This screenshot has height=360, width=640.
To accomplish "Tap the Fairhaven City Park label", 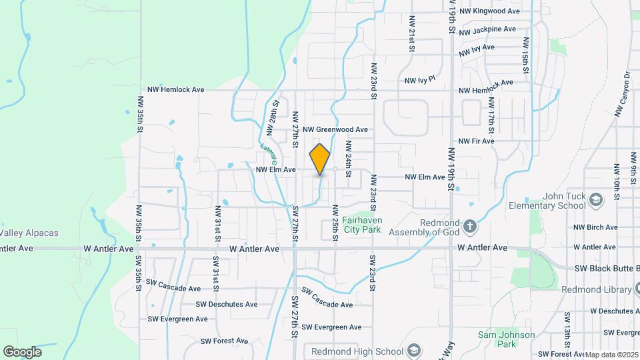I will point(361,225).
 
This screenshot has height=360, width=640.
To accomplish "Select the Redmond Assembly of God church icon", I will point(470,226).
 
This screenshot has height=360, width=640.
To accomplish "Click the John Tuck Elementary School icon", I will point(596,199).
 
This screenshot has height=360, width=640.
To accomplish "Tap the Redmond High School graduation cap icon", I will point(414,351).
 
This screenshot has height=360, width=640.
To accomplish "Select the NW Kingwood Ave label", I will point(489,11).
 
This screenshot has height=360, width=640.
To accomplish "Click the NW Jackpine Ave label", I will point(487,30).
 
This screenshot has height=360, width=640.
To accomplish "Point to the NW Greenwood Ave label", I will point(335,129).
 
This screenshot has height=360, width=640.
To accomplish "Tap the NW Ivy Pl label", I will point(420,79).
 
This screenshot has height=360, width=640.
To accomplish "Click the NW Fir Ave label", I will point(476,141).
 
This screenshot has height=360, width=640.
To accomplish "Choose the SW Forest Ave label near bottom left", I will point(225,341).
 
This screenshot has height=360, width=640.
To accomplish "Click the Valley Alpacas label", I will point(29,233).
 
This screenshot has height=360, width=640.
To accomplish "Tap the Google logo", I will point(22,352).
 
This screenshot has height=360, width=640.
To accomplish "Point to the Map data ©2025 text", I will point(610,355).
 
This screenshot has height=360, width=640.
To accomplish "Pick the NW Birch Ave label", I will point(595,227).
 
